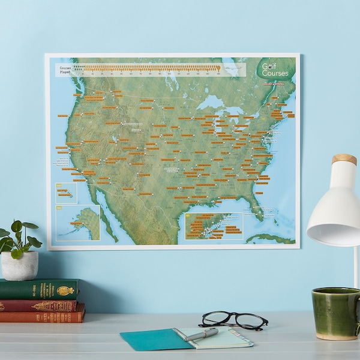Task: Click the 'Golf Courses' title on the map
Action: coord(274,70)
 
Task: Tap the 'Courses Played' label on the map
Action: coord(65,70)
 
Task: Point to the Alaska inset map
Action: coord(78,223)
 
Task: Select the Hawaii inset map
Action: coord(66,193)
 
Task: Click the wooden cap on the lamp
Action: coord(344,159)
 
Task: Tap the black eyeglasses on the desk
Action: coord(234,320)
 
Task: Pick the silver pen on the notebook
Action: coord(201,335)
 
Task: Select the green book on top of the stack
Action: coord(39,289)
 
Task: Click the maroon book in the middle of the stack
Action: coord(39,305)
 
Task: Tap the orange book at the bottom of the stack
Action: coord(42,315)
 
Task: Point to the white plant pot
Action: coord(19,265)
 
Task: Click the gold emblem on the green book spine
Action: coord(65,290)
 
